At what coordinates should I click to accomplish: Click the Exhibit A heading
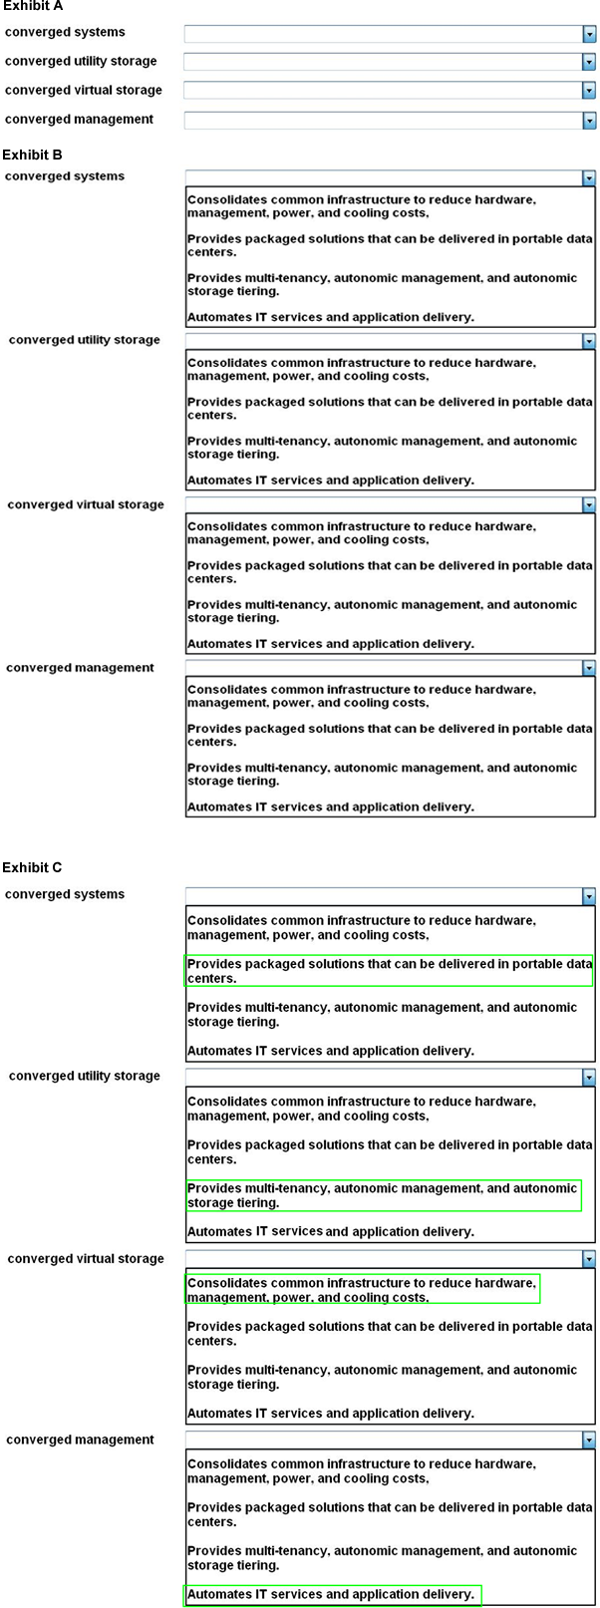[33, 6]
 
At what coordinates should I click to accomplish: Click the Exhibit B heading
[33, 155]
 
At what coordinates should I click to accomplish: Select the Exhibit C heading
[33, 867]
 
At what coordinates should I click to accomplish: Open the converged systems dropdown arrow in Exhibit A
[588, 34]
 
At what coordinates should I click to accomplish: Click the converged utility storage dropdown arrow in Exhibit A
[588, 63]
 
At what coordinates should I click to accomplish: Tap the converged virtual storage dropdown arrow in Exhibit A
[588, 92]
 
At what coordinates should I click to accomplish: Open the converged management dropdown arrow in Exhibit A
[588, 121]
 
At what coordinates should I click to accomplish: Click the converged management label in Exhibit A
[79, 120]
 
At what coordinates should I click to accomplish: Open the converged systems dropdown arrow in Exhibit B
[588, 178]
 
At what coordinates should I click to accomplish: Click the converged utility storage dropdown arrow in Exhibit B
[588, 342]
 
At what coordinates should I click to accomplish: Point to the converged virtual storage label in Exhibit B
[86, 504]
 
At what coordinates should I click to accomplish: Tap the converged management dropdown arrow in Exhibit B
[588, 668]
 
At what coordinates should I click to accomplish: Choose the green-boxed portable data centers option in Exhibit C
[389, 971]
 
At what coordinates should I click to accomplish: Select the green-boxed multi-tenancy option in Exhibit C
[383, 1195]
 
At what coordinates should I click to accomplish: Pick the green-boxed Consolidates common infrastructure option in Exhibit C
[362, 1289]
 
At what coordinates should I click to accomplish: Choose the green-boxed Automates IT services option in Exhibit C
[332, 1594]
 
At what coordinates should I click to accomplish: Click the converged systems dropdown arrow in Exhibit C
[588, 896]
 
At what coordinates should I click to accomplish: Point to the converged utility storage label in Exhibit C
[85, 1076]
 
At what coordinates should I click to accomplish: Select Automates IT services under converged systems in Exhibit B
[330, 317]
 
